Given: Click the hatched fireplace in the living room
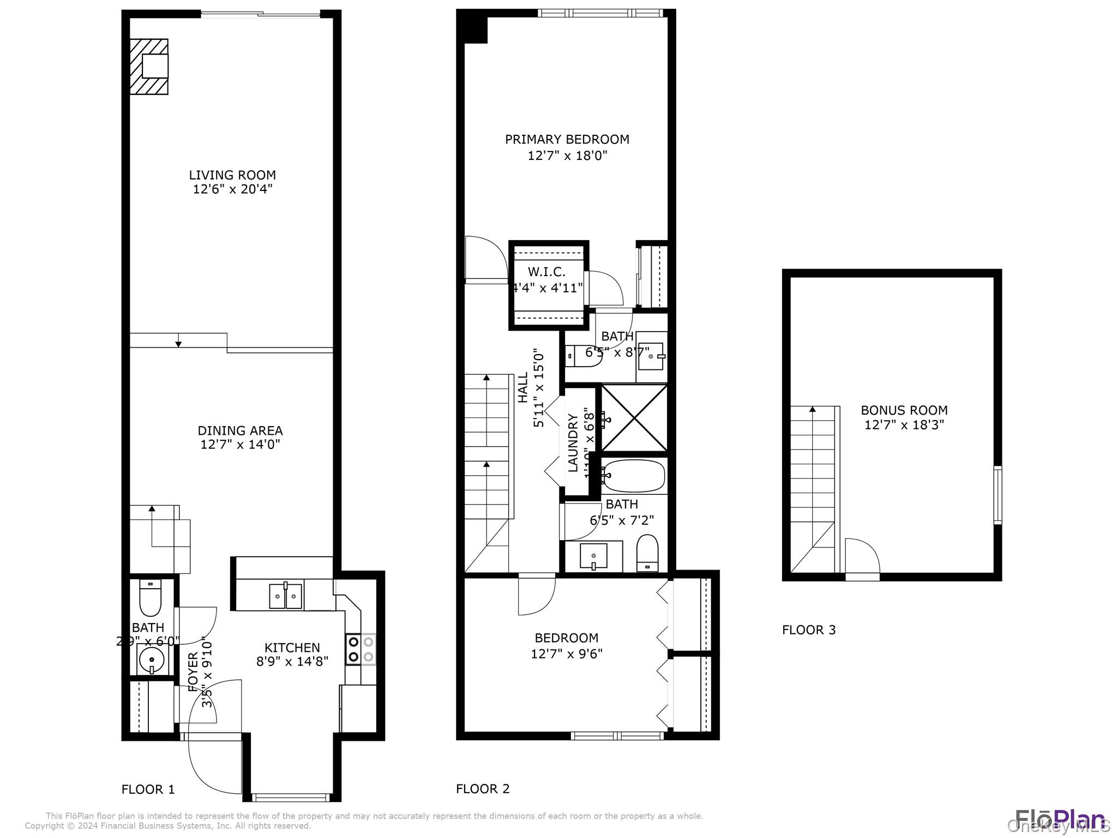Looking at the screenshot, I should pos(148,67).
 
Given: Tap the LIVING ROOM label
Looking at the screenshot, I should pos(232,175).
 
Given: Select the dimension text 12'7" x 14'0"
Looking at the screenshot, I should pos(240,444).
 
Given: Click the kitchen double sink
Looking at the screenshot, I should pos(286,595).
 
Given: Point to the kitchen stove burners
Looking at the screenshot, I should pos(361,649).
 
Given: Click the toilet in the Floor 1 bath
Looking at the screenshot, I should pos(150,599).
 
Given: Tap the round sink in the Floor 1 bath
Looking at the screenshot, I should pos(151,660).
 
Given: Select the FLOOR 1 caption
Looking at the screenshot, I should pos(148,789).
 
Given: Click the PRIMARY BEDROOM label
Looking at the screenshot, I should pos(567,140).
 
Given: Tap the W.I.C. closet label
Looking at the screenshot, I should pos(547,272).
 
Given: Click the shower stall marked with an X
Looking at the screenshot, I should pos(634,418).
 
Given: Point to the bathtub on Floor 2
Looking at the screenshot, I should pos(634,476).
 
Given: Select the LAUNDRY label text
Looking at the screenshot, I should pos(573,442).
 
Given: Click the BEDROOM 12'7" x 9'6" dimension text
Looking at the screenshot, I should pos(566,653).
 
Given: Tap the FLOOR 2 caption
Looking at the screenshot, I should pos(483,788).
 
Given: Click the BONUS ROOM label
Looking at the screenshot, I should pos(904,410).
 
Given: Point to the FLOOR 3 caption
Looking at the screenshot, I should pos(808,630).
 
